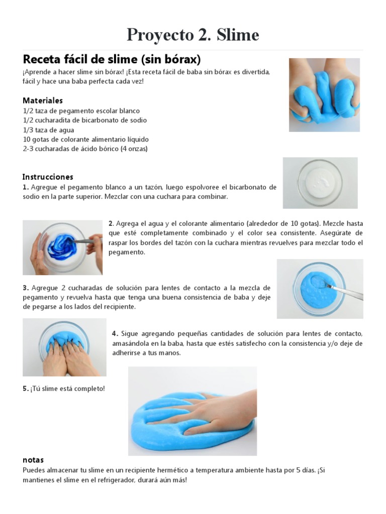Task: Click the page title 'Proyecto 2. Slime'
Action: [193, 35]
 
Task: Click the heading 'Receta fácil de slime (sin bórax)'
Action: [112, 59]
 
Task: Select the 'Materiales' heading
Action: [43, 100]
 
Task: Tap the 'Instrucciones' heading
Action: [48, 177]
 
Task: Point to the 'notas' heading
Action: [33, 460]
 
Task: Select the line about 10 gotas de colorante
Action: [85, 139]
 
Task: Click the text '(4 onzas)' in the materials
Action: [134, 149]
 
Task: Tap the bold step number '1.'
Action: [26, 187]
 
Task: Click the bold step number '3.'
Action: [26, 288]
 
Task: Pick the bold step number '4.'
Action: [115, 334]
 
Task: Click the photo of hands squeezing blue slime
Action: [324, 94]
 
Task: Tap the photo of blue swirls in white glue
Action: [62, 247]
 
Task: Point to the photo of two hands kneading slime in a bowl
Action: [64, 347]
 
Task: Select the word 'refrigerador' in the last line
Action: [126, 480]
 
